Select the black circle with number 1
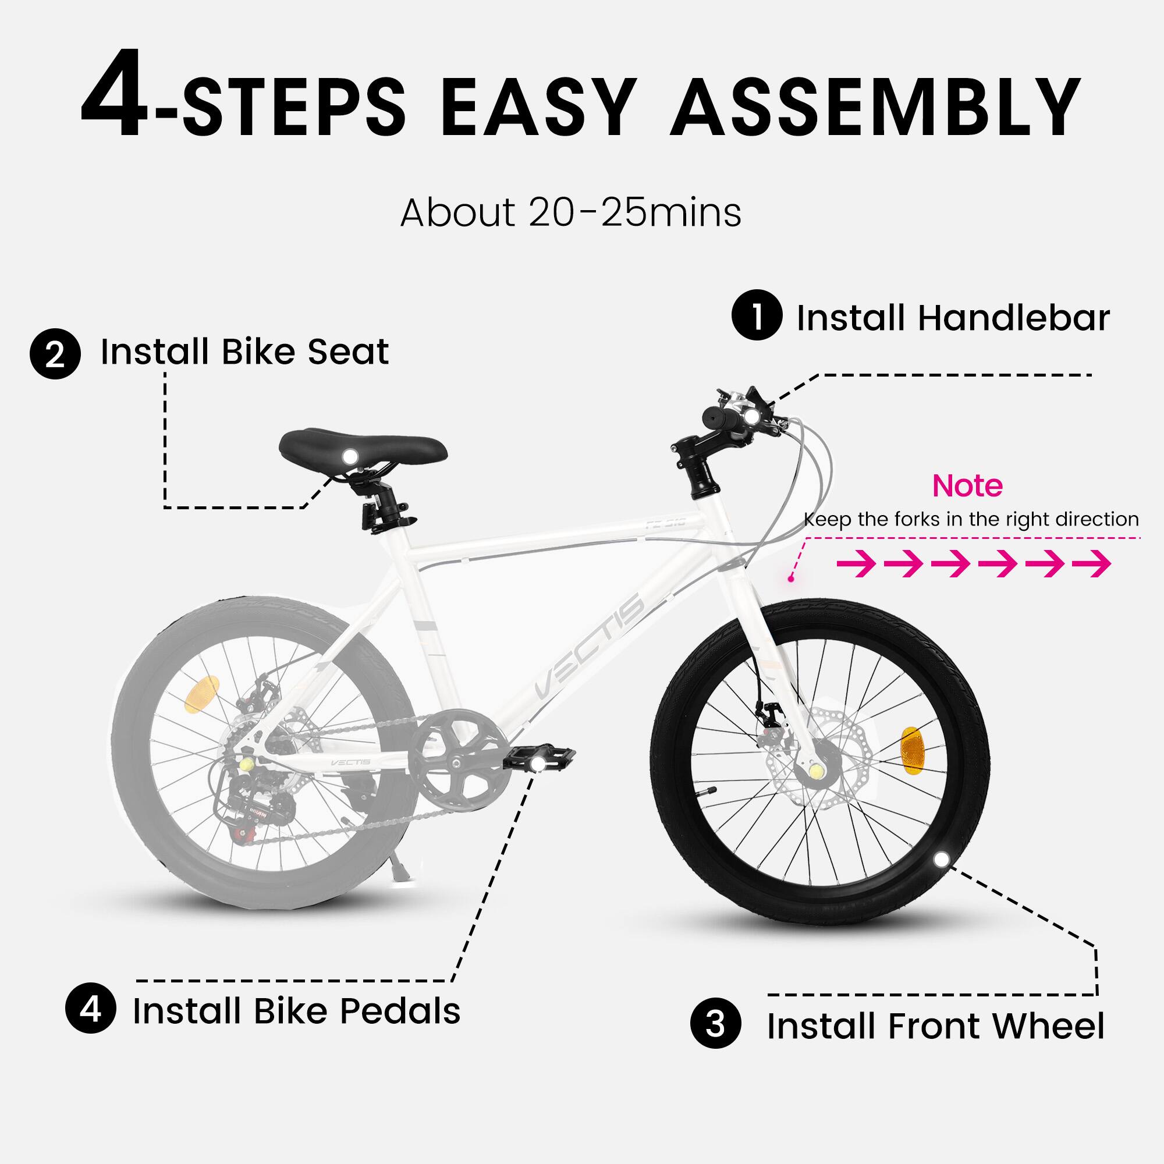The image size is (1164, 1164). (757, 315)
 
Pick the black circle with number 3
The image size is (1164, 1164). (715, 1024)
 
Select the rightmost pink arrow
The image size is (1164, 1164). (1092, 564)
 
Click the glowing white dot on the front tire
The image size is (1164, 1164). (940, 860)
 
